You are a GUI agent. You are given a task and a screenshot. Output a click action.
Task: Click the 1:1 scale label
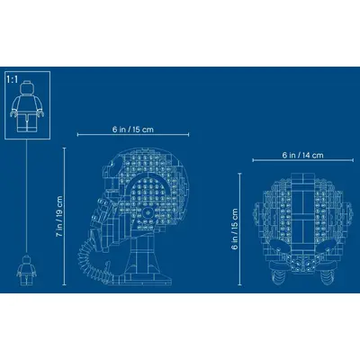(13, 79)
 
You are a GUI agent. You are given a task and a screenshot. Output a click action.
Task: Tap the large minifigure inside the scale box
(27, 106)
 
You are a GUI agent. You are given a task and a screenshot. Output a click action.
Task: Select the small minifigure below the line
(25, 270)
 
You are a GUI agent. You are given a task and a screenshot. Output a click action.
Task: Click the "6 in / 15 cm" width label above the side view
(133, 130)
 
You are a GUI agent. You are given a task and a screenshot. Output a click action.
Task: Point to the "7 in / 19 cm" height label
(59, 216)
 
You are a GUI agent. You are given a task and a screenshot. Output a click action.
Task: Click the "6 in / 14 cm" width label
(302, 155)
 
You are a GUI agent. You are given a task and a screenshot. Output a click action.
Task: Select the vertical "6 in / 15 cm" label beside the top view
(235, 229)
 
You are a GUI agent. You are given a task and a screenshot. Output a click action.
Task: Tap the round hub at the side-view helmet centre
(148, 211)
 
